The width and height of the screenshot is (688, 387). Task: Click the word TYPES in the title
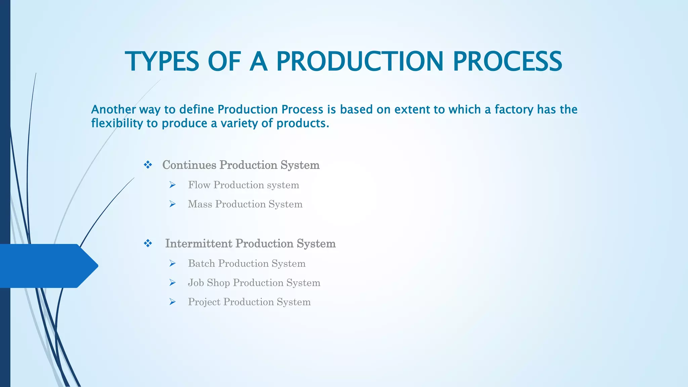pyautogui.click(x=162, y=61)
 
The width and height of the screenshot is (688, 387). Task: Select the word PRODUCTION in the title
pyautogui.click(x=360, y=61)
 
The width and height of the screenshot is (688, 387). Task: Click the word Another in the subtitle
pyautogui.click(x=113, y=110)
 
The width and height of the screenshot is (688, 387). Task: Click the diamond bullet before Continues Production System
pyautogui.click(x=148, y=165)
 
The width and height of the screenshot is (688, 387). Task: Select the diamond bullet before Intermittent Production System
pyautogui.click(x=148, y=244)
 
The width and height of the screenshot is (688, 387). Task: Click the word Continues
pyautogui.click(x=189, y=165)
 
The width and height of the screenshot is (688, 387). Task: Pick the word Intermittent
pyautogui.click(x=199, y=244)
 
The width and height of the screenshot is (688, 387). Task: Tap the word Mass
pyautogui.click(x=200, y=204)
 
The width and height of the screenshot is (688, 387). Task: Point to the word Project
pyautogui.click(x=204, y=302)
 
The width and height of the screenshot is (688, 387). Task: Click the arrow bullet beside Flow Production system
pyautogui.click(x=173, y=185)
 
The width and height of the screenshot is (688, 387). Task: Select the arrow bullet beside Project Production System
pyautogui.click(x=173, y=302)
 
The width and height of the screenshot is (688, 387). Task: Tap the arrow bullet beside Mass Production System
pyautogui.click(x=173, y=204)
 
